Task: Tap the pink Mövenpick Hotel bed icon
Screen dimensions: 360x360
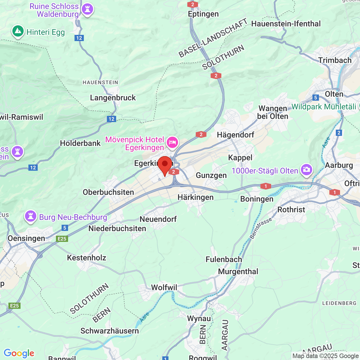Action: coord(172,143)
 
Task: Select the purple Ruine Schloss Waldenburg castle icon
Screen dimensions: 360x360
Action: coord(87,10)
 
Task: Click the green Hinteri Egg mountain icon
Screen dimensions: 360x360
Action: coord(18,31)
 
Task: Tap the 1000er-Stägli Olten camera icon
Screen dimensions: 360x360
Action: coord(306,170)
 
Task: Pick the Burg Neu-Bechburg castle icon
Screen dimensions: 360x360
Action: coord(31,217)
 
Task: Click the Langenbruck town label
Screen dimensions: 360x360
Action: coord(113,98)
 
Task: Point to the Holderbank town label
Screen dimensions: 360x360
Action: coord(80,143)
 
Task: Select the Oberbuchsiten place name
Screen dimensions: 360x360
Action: coord(108,192)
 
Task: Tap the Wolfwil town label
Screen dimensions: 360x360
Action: coord(164,287)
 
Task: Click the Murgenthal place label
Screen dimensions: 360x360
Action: coord(238,271)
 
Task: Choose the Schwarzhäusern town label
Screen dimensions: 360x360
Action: coord(109,331)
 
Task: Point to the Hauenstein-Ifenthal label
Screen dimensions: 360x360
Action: coord(286,24)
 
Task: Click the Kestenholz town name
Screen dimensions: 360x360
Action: coord(87,258)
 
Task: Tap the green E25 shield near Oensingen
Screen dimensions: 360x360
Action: coord(62,239)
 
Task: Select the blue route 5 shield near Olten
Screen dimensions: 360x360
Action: coord(316,98)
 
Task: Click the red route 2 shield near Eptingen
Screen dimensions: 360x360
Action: coord(193,4)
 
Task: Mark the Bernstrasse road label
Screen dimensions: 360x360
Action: coord(261,228)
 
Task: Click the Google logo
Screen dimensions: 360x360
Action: coord(19,353)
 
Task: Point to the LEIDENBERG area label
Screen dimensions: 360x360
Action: coord(339,303)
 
